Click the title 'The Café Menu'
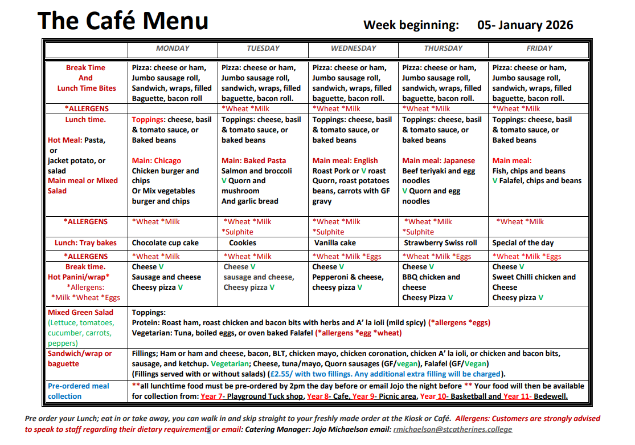pos(122,21)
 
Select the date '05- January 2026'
pos(525,25)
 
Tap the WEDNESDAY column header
pos(353,48)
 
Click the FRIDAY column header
pos(539,48)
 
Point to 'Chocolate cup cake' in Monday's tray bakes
pos(165,243)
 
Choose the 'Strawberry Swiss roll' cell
pos(440,243)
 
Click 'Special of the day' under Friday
pos(523,243)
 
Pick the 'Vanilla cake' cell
pos(335,243)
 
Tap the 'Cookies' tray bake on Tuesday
pos(242,243)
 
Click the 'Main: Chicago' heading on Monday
pos(156,161)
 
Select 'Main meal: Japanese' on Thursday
pos(438,161)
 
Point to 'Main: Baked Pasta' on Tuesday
pos(253,161)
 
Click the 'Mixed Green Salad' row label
pos(80,313)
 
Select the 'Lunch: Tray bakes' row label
pos(85,243)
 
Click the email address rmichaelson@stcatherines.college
pos(452,430)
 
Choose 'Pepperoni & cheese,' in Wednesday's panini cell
pos(347,277)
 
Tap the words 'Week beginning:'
pos(411,25)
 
